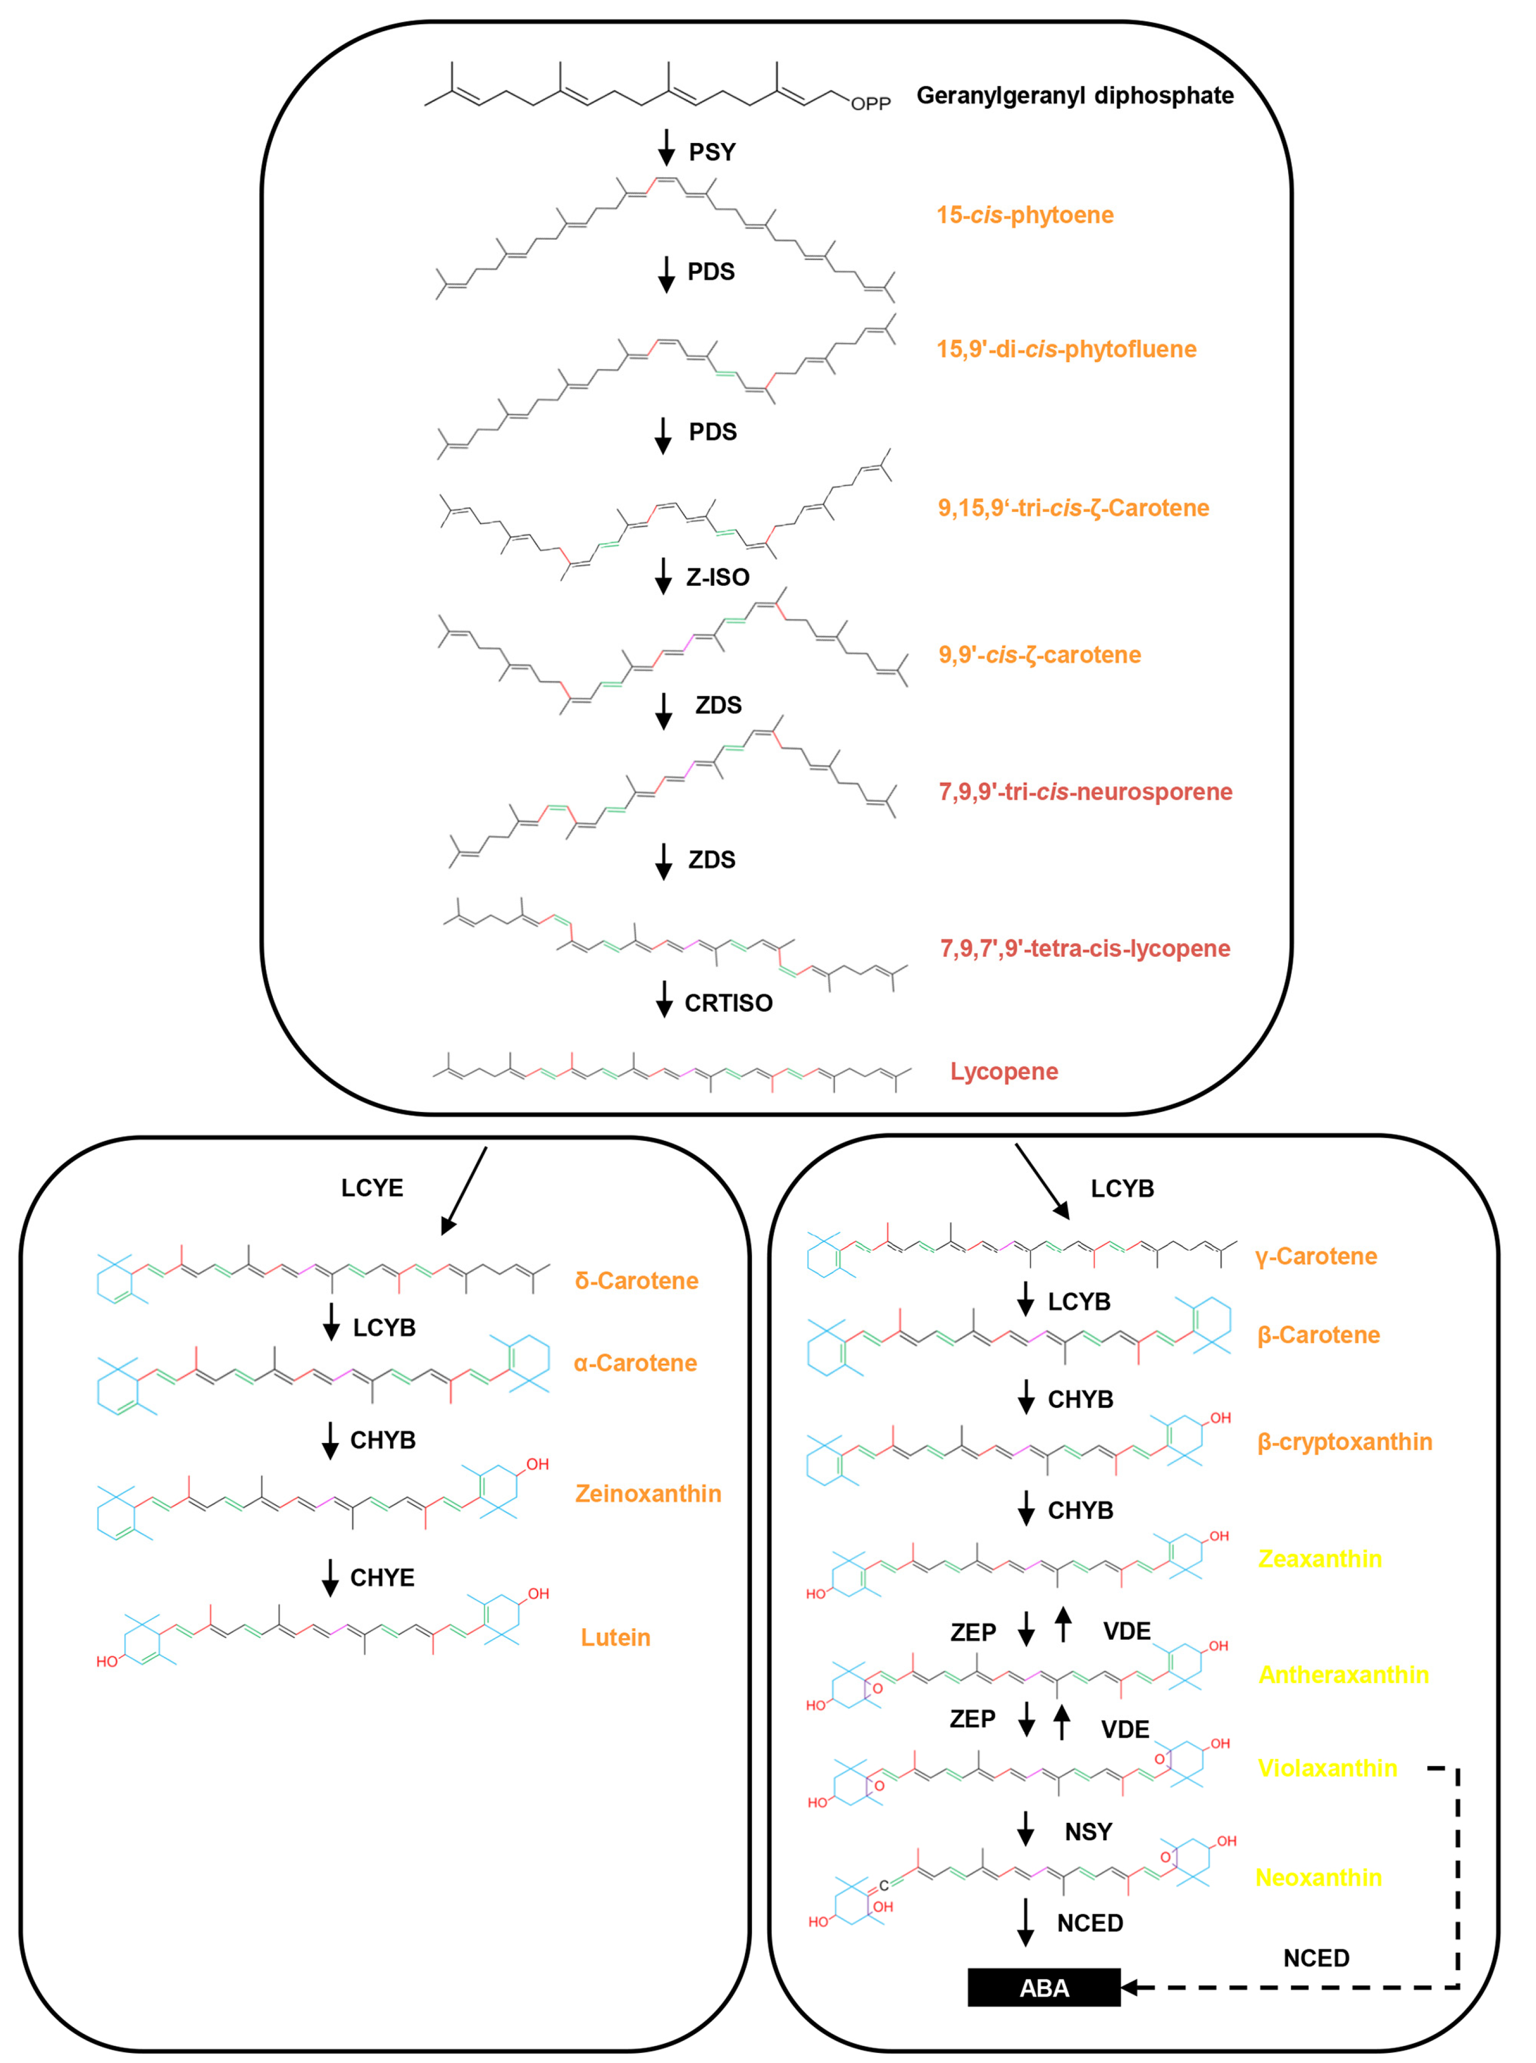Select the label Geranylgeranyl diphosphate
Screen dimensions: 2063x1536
point(1075,96)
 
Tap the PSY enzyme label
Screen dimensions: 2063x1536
point(712,151)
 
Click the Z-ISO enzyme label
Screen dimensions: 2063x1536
point(718,577)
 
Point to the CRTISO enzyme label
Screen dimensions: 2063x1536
point(728,1003)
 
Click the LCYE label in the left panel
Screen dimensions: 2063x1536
point(372,1188)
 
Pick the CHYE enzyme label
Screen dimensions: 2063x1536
point(382,1577)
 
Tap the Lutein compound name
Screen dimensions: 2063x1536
point(616,1637)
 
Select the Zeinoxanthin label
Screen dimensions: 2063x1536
point(648,1493)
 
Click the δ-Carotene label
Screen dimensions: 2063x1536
point(636,1280)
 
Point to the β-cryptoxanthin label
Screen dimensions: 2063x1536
point(1344,1442)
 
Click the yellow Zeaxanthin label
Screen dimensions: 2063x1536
point(1319,1558)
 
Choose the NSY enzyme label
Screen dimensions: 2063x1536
point(1088,1831)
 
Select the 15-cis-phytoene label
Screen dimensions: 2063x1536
point(1025,215)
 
